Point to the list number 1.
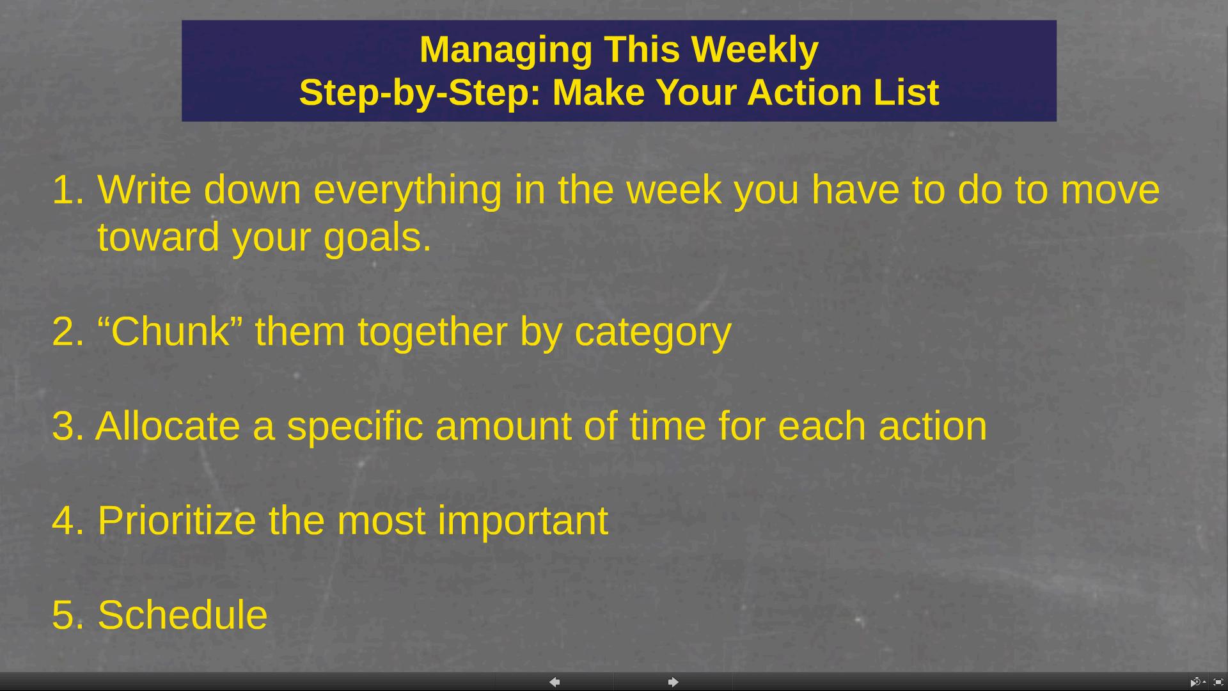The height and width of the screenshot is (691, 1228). click(x=68, y=190)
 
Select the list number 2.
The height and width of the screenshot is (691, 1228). click(x=68, y=332)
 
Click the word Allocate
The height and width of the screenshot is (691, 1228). click(x=168, y=425)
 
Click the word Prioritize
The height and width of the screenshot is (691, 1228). click(x=177, y=520)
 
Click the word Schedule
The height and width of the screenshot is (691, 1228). click(x=182, y=615)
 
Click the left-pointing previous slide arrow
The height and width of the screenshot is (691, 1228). click(x=555, y=682)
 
